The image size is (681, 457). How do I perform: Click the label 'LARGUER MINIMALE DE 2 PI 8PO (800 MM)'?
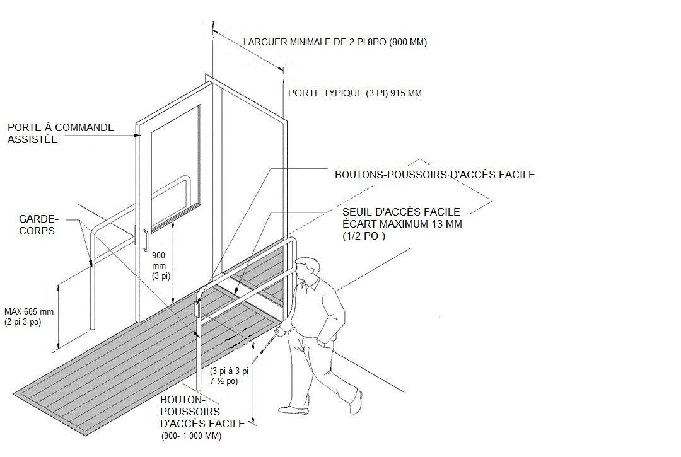tap(335, 42)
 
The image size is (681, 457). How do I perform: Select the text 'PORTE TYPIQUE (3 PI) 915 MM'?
tap(355, 93)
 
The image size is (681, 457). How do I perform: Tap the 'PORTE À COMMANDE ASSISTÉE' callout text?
tap(61, 133)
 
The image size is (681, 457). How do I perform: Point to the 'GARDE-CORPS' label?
tap(38, 225)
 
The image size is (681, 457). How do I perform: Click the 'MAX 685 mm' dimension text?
tap(29, 311)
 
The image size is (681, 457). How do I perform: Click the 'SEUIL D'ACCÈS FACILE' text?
tap(401, 212)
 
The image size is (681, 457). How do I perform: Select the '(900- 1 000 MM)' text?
tap(191, 436)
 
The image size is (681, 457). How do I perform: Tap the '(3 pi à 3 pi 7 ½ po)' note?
tap(230, 376)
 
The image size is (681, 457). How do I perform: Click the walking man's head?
tap(306, 270)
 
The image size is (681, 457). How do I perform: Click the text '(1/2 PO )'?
tap(364, 236)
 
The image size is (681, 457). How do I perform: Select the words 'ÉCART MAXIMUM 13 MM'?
tap(402, 224)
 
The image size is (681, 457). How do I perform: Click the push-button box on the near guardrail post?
tap(197, 310)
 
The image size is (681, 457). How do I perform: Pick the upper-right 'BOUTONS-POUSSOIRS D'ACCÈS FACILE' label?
tap(434, 175)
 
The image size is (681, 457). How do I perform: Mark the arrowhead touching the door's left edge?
tap(137, 136)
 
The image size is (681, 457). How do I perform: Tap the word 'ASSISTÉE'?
tap(33, 139)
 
